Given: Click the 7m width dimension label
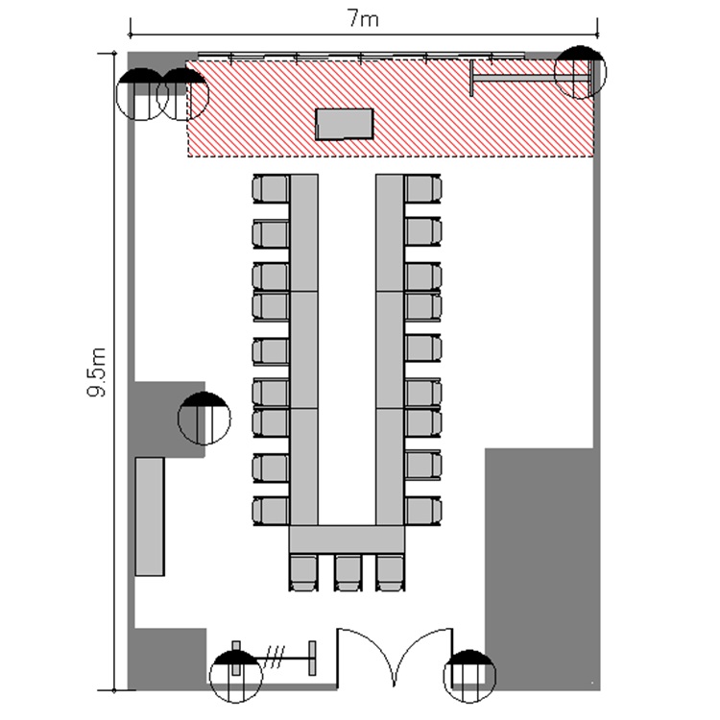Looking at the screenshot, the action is click(363, 19).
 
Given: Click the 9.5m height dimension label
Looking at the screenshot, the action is click(97, 372).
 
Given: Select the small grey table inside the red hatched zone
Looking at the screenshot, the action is click(344, 124).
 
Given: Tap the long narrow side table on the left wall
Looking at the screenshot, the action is click(150, 516).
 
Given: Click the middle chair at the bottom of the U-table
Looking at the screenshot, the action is click(348, 572).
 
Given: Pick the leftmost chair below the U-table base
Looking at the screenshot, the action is click(303, 572).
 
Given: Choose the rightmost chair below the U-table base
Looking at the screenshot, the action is click(391, 572).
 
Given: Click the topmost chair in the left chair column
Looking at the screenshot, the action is click(271, 189).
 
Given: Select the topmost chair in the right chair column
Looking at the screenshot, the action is click(423, 189).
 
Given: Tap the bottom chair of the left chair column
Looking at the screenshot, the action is click(271, 511).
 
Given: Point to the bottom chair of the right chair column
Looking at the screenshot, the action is click(423, 511).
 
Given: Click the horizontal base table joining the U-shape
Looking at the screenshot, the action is click(348, 540).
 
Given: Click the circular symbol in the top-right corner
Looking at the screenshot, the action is click(581, 72).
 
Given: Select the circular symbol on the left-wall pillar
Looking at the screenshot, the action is click(204, 419).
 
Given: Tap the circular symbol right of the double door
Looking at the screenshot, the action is click(469, 677).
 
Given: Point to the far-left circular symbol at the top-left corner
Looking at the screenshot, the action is click(141, 94).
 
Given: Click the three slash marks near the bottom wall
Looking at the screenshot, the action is click(276, 657).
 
